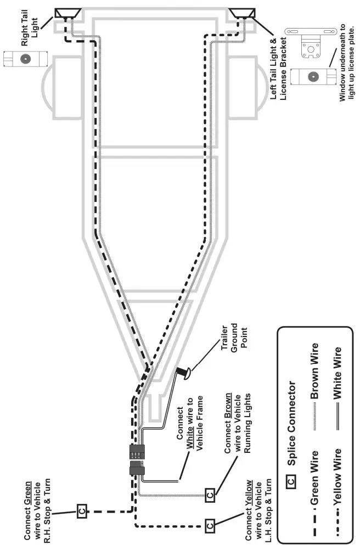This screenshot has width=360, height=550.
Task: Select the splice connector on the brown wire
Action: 209,496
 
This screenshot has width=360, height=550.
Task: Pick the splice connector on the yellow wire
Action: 209,525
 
